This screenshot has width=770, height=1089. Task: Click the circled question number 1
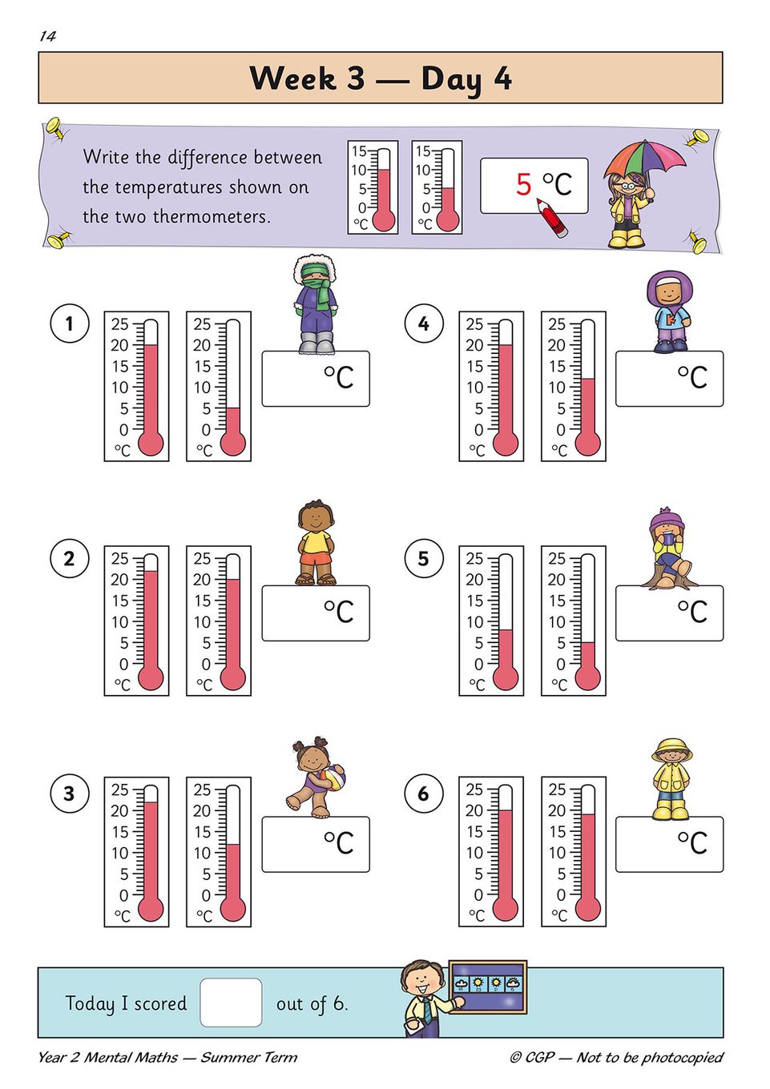pyautogui.click(x=70, y=323)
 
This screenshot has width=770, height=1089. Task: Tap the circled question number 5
pyautogui.click(x=424, y=558)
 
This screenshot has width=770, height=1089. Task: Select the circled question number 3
pyautogui.click(x=70, y=793)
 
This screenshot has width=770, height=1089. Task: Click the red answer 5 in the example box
pyautogui.click(x=523, y=184)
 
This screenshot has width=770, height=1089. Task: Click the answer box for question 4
pyautogui.click(x=669, y=379)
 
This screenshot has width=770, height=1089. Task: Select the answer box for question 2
pyautogui.click(x=316, y=613)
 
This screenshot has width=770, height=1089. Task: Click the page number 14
pyautogui.click(x=48, y=37)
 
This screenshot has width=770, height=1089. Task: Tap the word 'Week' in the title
pyautogui.click(x=292, y=78)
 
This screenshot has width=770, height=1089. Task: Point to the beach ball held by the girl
pyautogui.click(x=333, y=777)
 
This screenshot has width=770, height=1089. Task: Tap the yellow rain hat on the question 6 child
pyautogui.click(x=672, y=750)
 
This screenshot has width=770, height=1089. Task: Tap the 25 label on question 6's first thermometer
pyautogui.click(x=474, y=790)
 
